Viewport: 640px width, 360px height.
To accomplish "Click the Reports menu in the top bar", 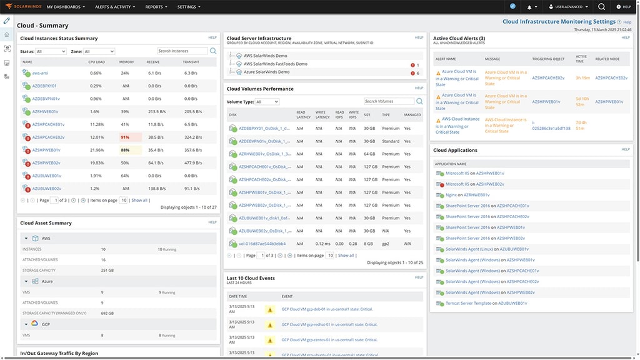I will pyautogui.click(x=156, y=7).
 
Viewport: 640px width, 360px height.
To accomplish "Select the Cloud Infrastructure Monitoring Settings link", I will pyautogui.click(x=559, y=22).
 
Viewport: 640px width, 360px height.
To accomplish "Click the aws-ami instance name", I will pyautogui.click(x=41, y=73).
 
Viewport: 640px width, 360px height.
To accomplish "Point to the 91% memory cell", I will pyautogui.click(x=125, y=137).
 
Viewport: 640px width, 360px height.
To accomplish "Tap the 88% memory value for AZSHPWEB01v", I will pyautogui.click(x=125, y=150).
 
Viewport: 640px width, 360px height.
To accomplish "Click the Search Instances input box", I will pyautogui.click(x=182, y=51).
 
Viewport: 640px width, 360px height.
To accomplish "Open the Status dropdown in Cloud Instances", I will pyautogui.click(x=51, y=51).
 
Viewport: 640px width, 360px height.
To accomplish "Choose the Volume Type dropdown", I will pyautogui.click(x=267, y=101).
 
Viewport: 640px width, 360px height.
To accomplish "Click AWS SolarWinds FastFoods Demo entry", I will pyautogui.click(x=275, y=64).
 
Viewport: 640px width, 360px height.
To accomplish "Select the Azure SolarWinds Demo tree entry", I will pyautogui.click(x=266, y=72).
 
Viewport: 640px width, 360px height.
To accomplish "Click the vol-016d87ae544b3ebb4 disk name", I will pyautogui.click(x=262, y=244).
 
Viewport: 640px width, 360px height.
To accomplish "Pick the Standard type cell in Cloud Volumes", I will pyautogui.click(x=390, y=141).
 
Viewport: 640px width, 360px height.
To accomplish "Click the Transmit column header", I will pyautogui.click(x=191, y=62).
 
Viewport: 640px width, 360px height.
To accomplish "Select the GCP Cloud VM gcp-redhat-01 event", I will pyautogui.click(x=329, y=324).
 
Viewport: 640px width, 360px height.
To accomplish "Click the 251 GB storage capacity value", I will pyautogui.click(x=107, y=270).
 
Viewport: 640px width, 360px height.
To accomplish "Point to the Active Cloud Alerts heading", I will pyautogui.click(x=459, y=38).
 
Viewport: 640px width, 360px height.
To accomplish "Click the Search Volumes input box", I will pyautogui.click(x=389, y=101).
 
